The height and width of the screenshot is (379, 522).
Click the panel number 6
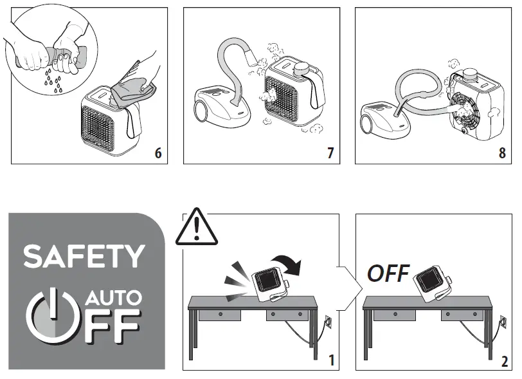(x=158, y=153)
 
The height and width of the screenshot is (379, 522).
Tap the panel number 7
(x=330, y=153)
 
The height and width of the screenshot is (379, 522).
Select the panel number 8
(x=502, y=153)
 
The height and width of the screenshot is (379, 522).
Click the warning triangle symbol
(x=197, y=226)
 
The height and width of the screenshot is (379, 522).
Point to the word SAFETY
(x=84, y=256)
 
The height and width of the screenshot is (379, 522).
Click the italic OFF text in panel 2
(x=388, y=273)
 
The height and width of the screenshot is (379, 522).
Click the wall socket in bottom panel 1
(x=328, y=321)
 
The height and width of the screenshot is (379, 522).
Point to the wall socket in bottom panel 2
(x=503, y=321)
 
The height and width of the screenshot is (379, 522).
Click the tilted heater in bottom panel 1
(x=270, y=284)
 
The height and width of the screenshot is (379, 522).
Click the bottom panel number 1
(x=331, y=360)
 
